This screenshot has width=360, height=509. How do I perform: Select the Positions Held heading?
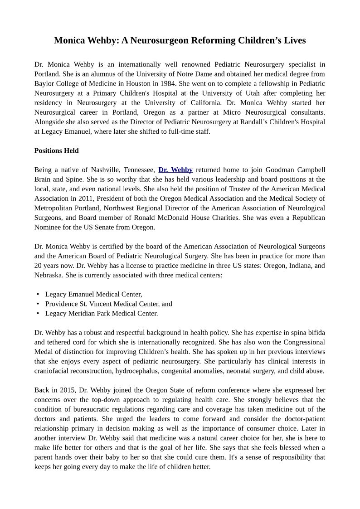tap(56, 150)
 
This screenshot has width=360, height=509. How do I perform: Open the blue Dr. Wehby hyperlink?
tap(175, 170)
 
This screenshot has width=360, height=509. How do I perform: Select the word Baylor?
tap(44, 83)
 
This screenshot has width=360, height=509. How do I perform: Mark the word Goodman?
tap(280, 170)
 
